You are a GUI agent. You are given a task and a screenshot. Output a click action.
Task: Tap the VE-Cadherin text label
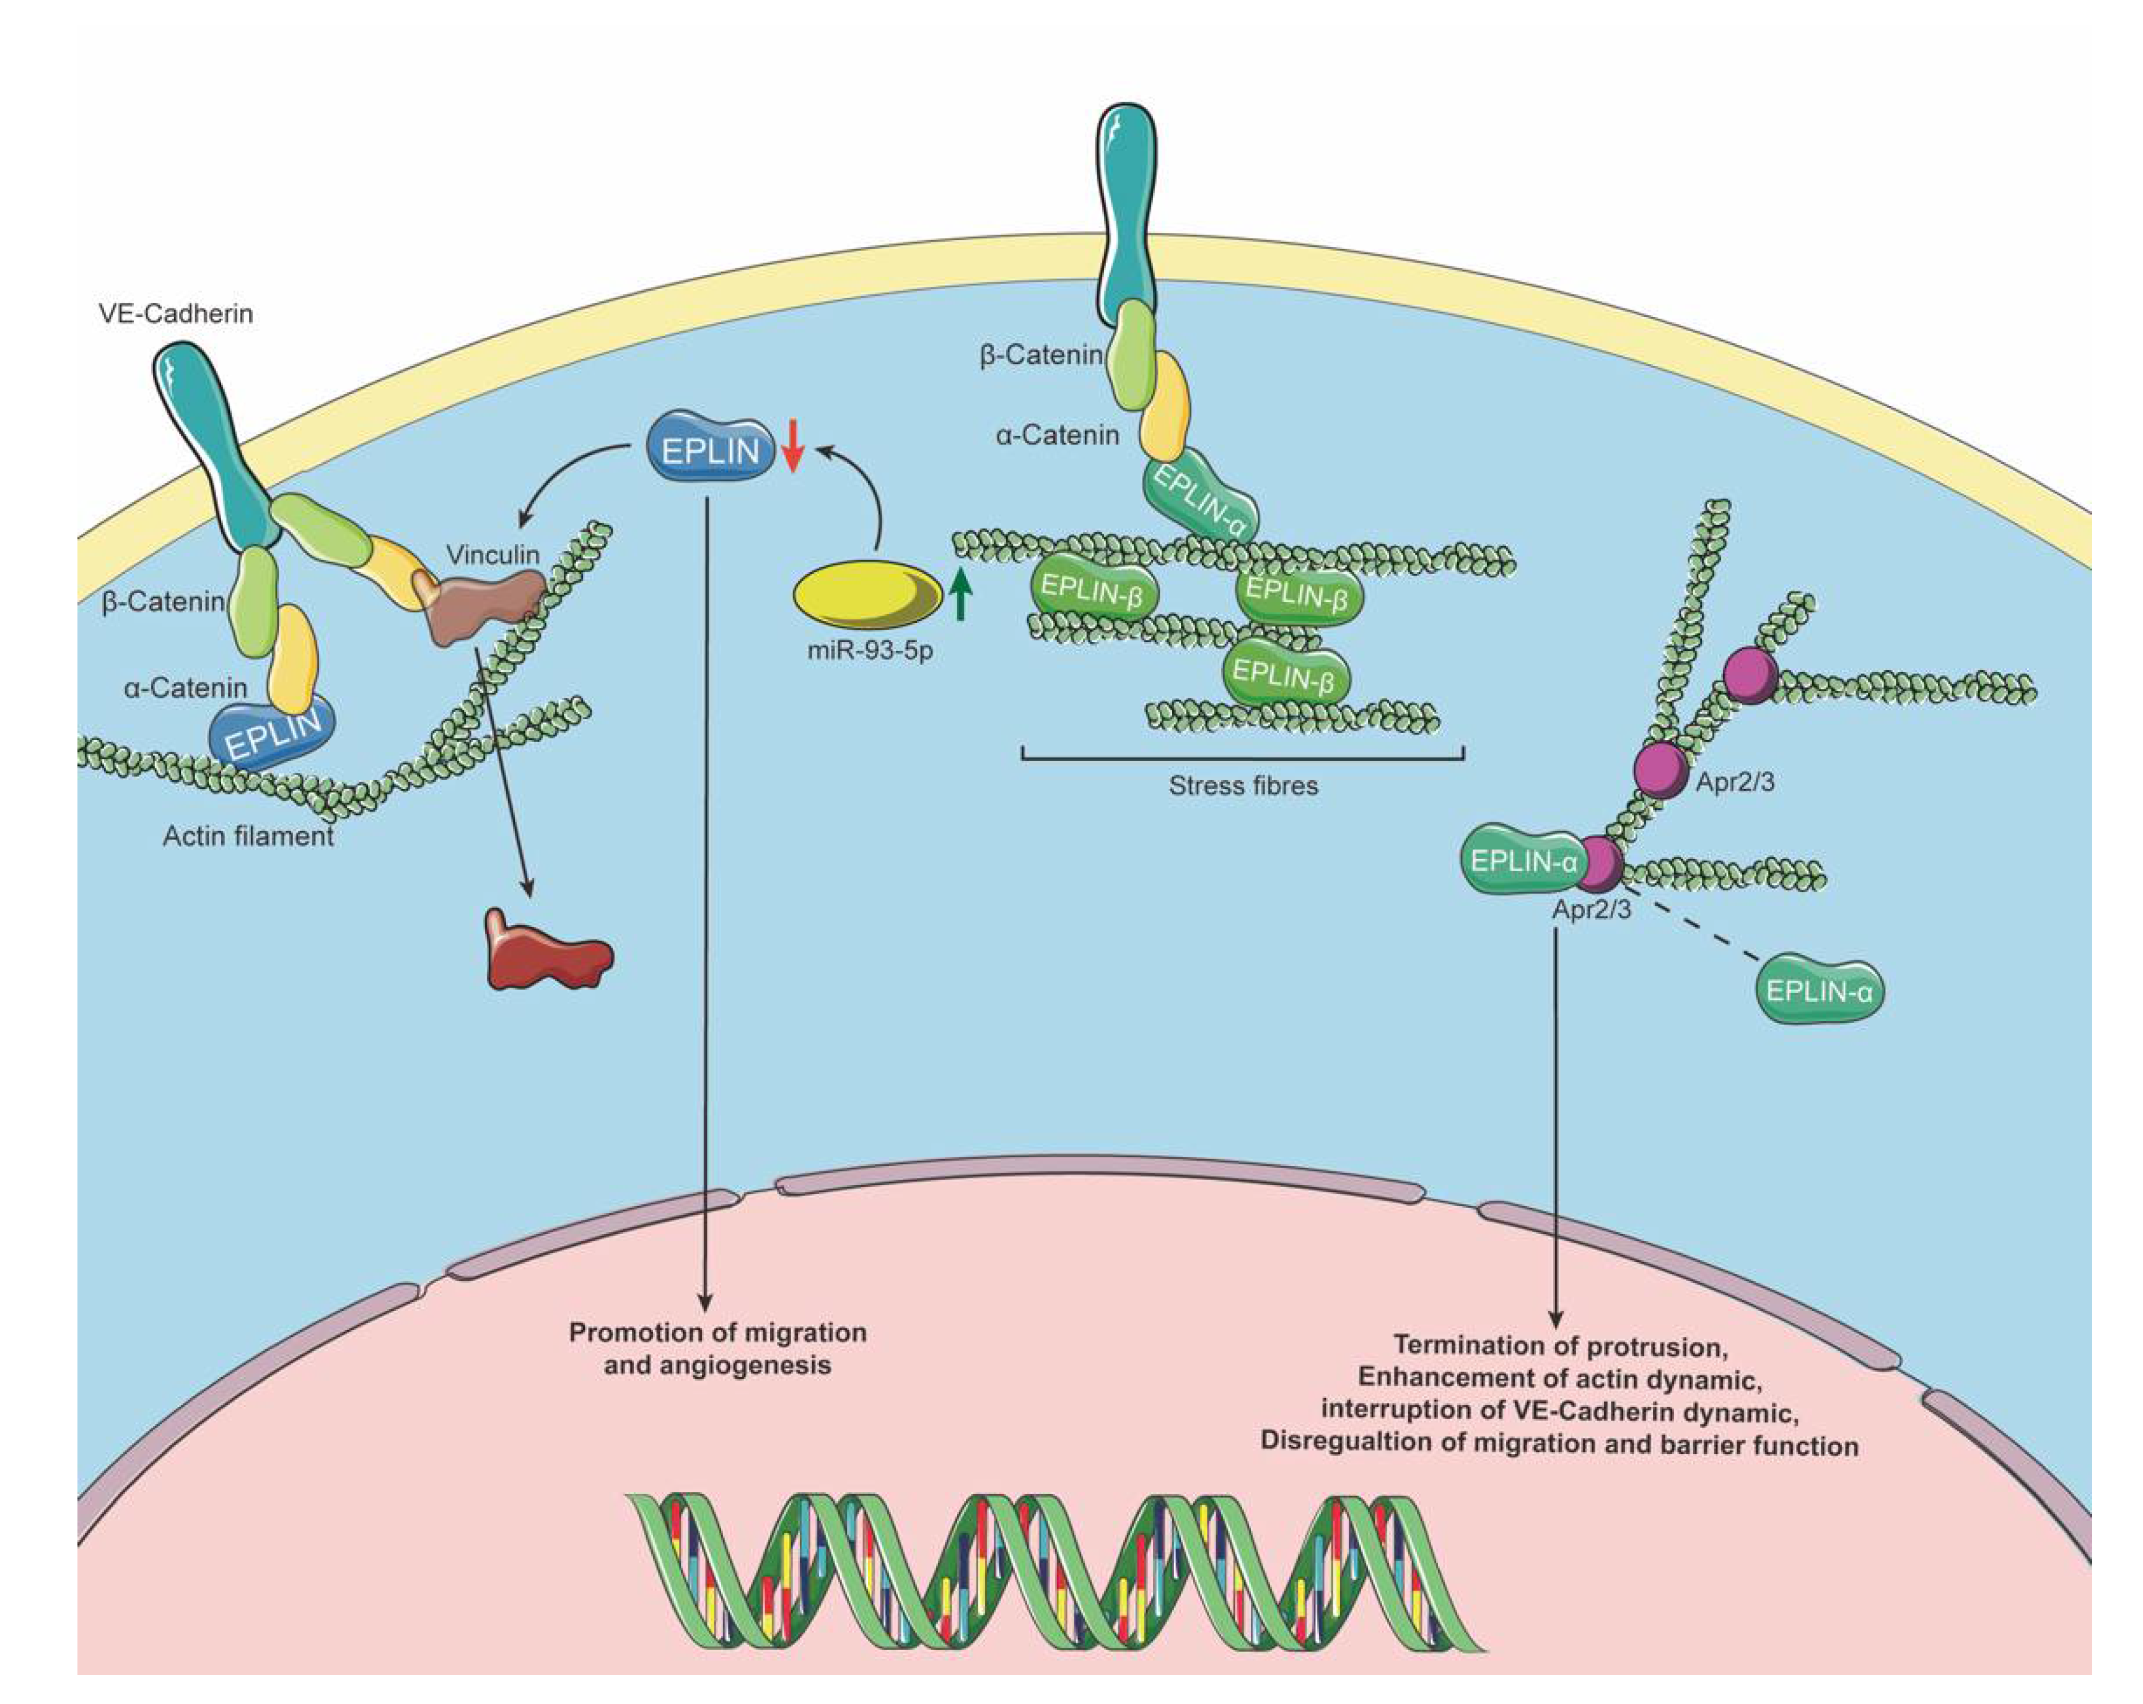(x=176, y=314)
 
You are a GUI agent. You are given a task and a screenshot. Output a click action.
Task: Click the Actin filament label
(x=247, y=837)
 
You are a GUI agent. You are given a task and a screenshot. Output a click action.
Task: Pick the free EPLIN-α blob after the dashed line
(x=1821, y=991)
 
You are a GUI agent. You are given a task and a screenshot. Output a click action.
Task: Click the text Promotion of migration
(x=717, y=1332)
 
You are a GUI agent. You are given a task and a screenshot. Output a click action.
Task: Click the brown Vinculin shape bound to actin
(x=482, y=606)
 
